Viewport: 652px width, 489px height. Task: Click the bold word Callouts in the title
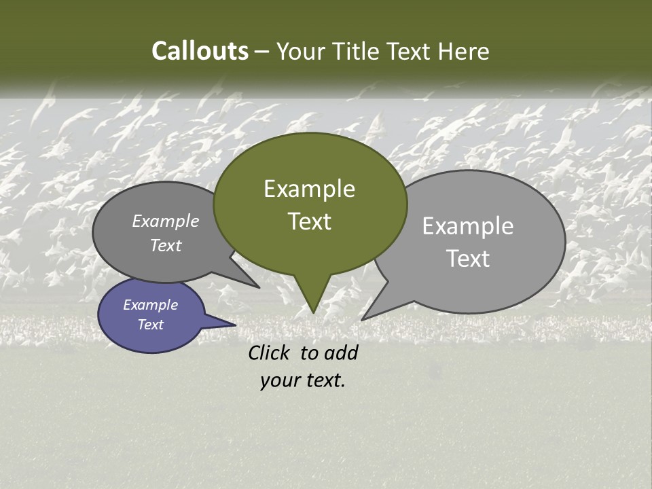(x=200, y=51)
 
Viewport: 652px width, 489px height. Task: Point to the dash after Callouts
(x=262, y=52)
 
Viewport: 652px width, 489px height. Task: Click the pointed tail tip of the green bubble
(x=312, y=312)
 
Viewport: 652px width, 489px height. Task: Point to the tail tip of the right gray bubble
(x=363, y=319)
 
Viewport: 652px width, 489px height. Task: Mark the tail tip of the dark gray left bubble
(x=259, y=287)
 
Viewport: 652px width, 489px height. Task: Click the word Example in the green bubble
(x=310, y=189)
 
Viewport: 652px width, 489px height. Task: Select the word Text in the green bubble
(x=310, y=221)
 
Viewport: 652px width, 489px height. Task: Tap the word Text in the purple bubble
(x=151, y=325)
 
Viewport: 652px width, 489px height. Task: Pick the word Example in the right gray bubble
(x=468, y=226)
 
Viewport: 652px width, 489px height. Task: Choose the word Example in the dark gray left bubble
(x=166, y=221)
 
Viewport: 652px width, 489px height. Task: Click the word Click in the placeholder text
(x=270, y=352)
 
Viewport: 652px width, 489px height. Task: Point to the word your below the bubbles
(x=280, y=381)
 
